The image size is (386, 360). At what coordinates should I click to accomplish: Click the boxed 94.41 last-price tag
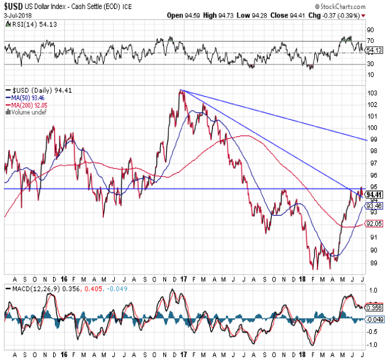373,194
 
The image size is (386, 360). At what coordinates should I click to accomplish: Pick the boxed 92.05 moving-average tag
373,224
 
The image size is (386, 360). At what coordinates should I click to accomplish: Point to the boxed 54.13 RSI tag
373,50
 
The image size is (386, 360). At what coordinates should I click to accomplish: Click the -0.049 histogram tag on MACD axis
374,320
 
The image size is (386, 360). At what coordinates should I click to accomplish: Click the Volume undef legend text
25,112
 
